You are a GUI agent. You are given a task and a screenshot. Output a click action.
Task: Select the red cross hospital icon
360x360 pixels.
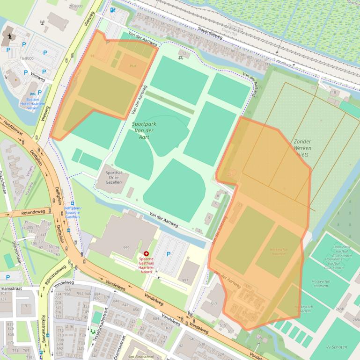pos(147,253)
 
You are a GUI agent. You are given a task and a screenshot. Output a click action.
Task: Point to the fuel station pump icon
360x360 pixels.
pos(112,9)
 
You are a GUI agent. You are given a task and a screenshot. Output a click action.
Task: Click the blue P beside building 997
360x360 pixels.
pos(169,254)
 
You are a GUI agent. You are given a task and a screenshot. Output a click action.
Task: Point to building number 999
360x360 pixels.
pos(126,247)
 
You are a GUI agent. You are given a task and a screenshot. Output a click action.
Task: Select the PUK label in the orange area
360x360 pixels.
pos(132,66)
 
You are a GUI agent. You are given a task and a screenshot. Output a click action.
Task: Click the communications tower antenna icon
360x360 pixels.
pos(43,22)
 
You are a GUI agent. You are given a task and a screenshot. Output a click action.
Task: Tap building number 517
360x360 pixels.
pos(214,304)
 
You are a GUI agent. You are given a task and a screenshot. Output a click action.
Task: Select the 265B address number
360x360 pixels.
pos(339,309)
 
